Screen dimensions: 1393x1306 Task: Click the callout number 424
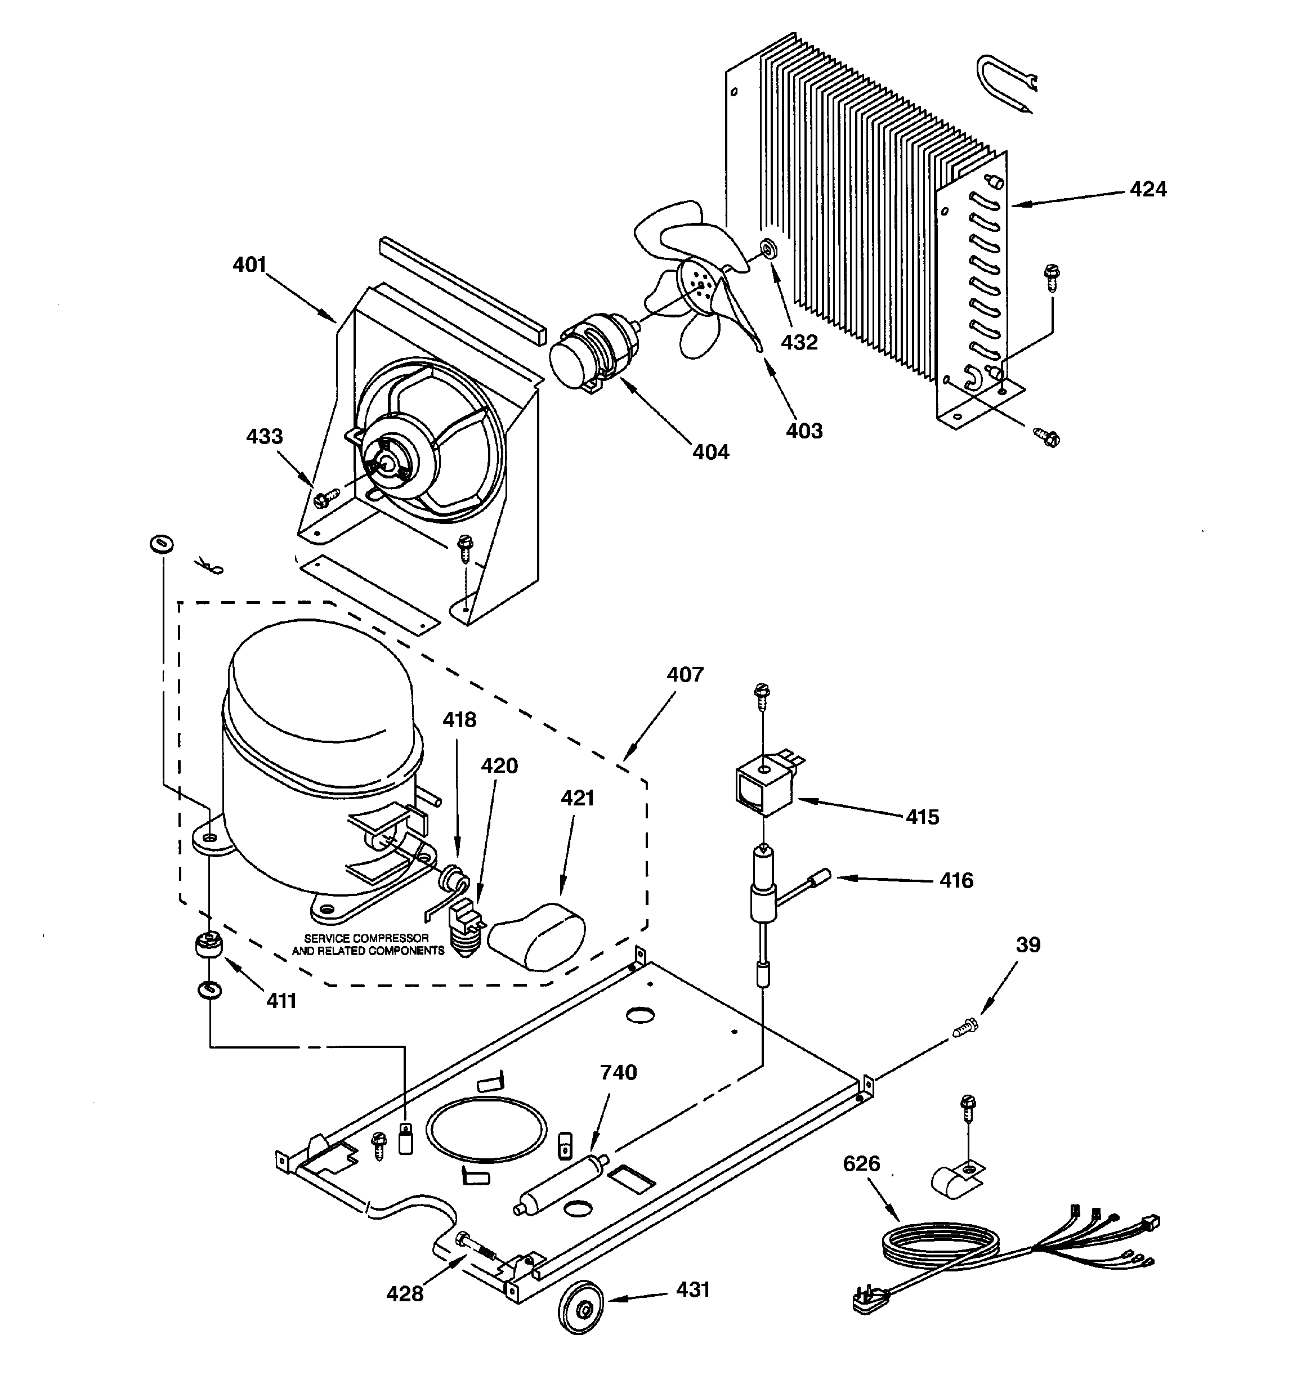point(1148,189)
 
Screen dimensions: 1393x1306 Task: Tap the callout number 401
point(249,265)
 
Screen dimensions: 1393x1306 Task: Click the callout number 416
point(956,880)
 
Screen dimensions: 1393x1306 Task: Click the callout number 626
point(861,1164)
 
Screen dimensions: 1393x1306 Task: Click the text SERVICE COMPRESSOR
point(366,938)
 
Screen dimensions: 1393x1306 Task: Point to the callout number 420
point(499,766)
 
